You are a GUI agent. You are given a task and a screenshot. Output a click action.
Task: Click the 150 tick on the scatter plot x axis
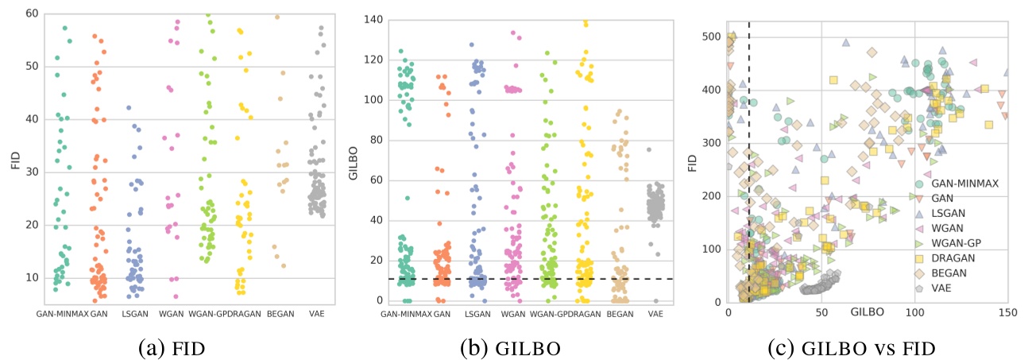pos(1007,312)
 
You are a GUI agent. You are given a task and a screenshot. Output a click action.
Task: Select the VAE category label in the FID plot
pos(321,314)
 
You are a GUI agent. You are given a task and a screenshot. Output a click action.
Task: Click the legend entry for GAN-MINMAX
pos(953,182)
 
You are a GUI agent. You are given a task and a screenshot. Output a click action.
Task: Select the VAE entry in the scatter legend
pos(937,289)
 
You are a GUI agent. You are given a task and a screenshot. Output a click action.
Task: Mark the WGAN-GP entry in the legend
pos(947,243)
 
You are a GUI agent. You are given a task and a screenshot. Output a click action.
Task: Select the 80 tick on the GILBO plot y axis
pos(370,140)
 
